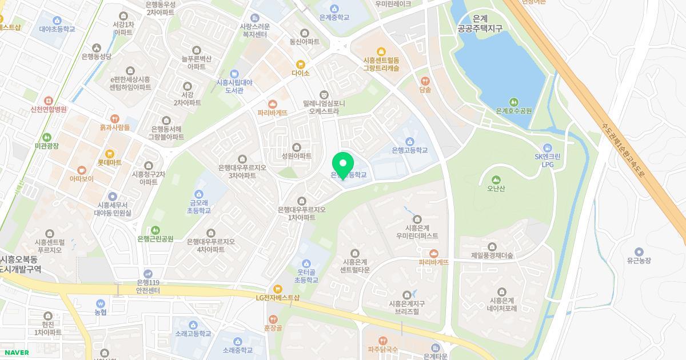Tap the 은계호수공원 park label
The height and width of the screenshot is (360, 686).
pos(513,111)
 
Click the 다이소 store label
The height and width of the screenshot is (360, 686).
pos(300,73)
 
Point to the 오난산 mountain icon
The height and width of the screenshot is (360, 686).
pos(496,179)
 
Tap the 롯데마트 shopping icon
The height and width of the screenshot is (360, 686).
pos(110,154)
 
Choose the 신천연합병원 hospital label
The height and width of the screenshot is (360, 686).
pos(49,109)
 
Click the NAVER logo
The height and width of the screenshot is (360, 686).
pos(16,353)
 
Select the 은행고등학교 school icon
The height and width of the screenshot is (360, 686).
pos(409,142)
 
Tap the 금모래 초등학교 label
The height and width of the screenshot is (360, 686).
pos(200,206)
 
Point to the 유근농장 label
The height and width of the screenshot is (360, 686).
pos(639,261)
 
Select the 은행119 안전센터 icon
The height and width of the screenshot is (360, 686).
pos(148,274)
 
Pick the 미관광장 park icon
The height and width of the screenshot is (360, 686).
pos(47,137)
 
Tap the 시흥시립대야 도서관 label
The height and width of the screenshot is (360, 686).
pos(234,86)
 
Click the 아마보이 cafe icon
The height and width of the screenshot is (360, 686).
pos(81,170)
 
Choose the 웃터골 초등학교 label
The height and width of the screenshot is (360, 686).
pos(306,276)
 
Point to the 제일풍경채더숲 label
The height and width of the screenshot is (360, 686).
pos(492,255)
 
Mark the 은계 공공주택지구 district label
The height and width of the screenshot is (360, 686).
pos(480,23)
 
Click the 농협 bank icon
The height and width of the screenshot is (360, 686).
pos(101,303)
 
